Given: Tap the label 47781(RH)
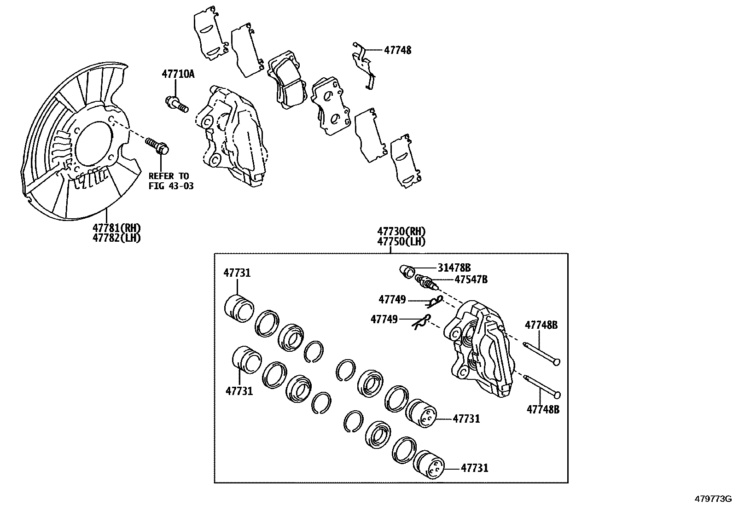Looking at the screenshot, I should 116,228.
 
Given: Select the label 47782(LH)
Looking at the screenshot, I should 116,238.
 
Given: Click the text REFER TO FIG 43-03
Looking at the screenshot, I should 169,181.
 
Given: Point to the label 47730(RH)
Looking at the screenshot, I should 401,231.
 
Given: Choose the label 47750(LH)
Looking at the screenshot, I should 401,241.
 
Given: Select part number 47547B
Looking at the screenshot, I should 471,279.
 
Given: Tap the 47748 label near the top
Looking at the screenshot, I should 397,50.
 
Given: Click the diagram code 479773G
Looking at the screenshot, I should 713,499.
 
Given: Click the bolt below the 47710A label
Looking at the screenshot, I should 177,104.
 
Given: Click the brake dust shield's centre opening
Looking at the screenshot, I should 94,143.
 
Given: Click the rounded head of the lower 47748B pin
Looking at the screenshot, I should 558,395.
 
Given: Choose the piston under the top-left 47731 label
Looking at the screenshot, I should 239,308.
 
